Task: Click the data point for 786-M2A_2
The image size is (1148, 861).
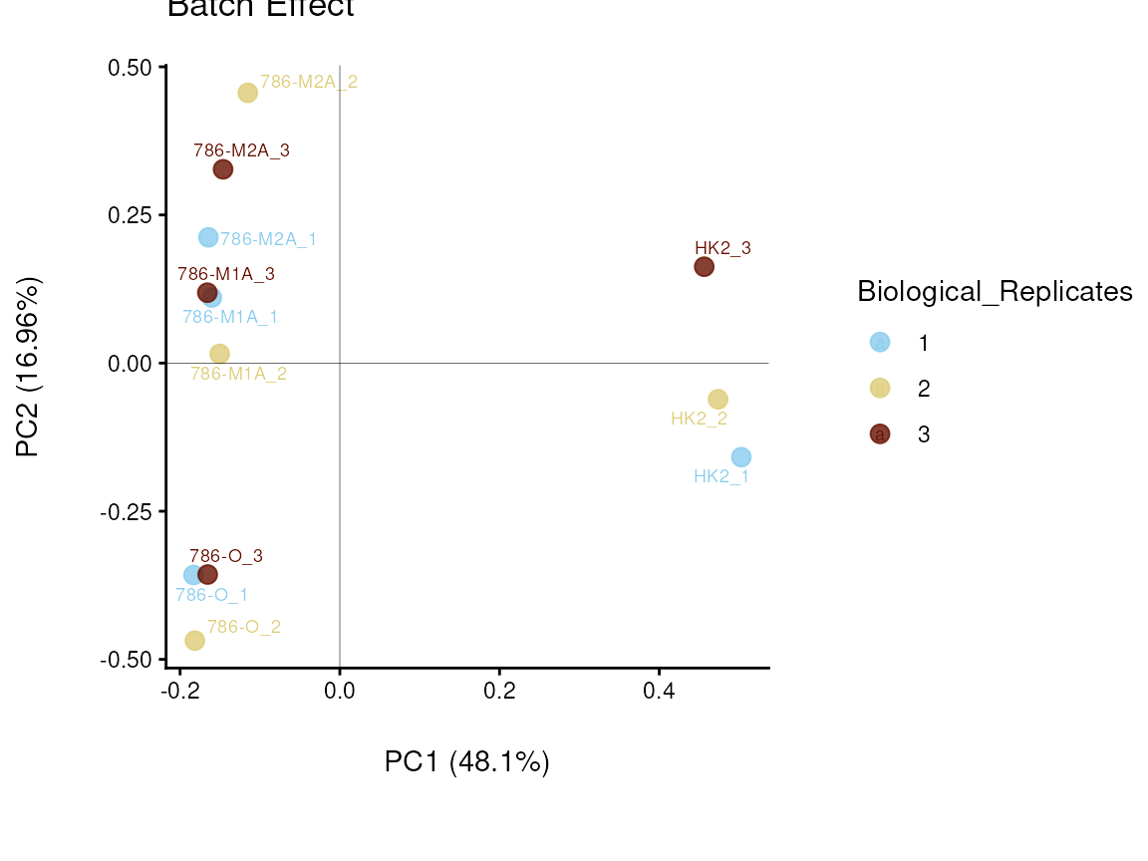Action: [x=247, y=93]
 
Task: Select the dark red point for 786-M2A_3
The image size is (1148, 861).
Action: [x=223, y=169]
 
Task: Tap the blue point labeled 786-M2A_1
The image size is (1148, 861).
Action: [x=208, y=237]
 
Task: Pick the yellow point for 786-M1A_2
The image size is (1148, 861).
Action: [x=219, y=354]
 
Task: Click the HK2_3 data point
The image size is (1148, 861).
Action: [x=704, y=267]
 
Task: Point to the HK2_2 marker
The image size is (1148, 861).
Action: [x=717, y=400]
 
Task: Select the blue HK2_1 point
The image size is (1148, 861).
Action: [x=740, y=457]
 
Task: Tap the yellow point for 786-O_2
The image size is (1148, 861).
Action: [x=194, y=640]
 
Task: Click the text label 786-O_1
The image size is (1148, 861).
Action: [x=211, y=595]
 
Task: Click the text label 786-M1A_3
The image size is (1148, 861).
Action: [x=226, y=273]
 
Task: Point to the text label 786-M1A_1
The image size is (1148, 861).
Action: [x=230, y=317]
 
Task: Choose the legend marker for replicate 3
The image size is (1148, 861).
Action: [x=880, y=433]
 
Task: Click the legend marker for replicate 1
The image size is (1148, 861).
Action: [x=880, y=342]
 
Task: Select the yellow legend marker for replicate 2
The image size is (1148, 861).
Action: [x=880, y=388]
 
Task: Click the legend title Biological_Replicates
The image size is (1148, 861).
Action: [x=994, y=292]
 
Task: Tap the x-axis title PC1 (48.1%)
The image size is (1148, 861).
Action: [x=466, y=762]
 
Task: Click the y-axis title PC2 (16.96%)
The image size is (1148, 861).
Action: [x=29, y=368]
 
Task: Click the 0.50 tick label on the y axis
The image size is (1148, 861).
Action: [x=131, y=67]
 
